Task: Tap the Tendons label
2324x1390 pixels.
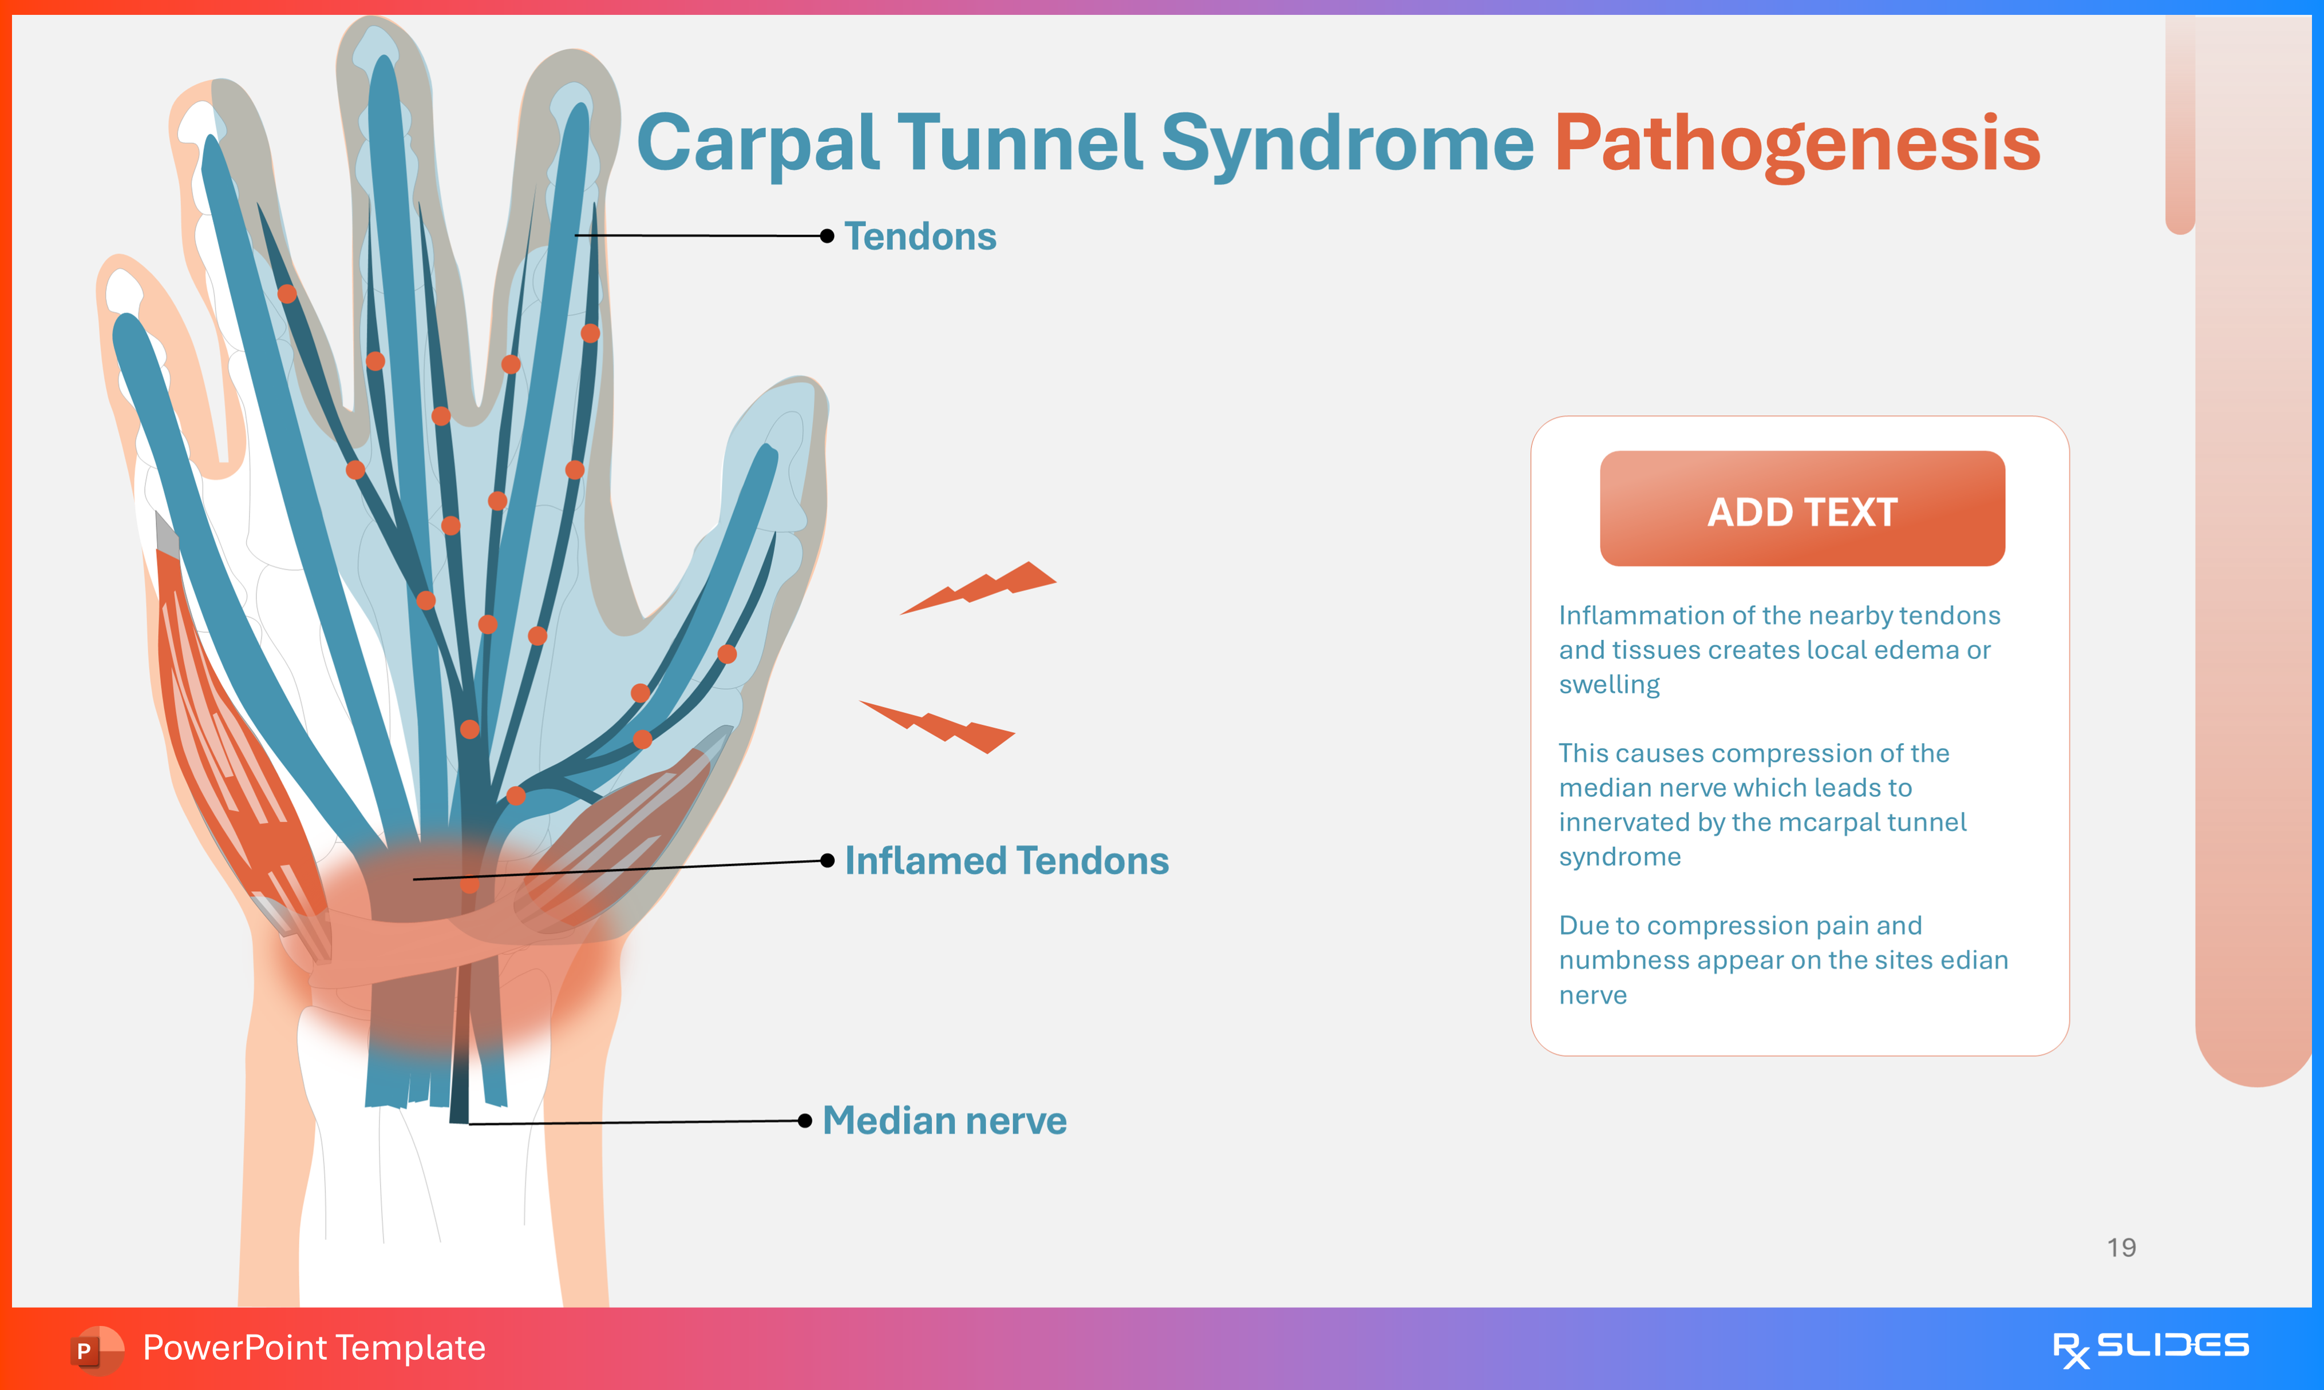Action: pyautogui.click(x=920, y=237)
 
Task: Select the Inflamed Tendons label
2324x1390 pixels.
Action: pyautogui.click(x=1006, y=861)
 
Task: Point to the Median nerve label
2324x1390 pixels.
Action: pyautogui.click(x=944, y=1121)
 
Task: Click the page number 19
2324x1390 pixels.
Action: pyautogui.click(x=2121, y=1248)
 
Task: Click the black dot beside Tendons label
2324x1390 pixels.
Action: pyautogui.click(x=827, y=236)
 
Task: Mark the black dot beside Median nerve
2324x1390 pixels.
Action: pyautogui.click(x=805, y=1121)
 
